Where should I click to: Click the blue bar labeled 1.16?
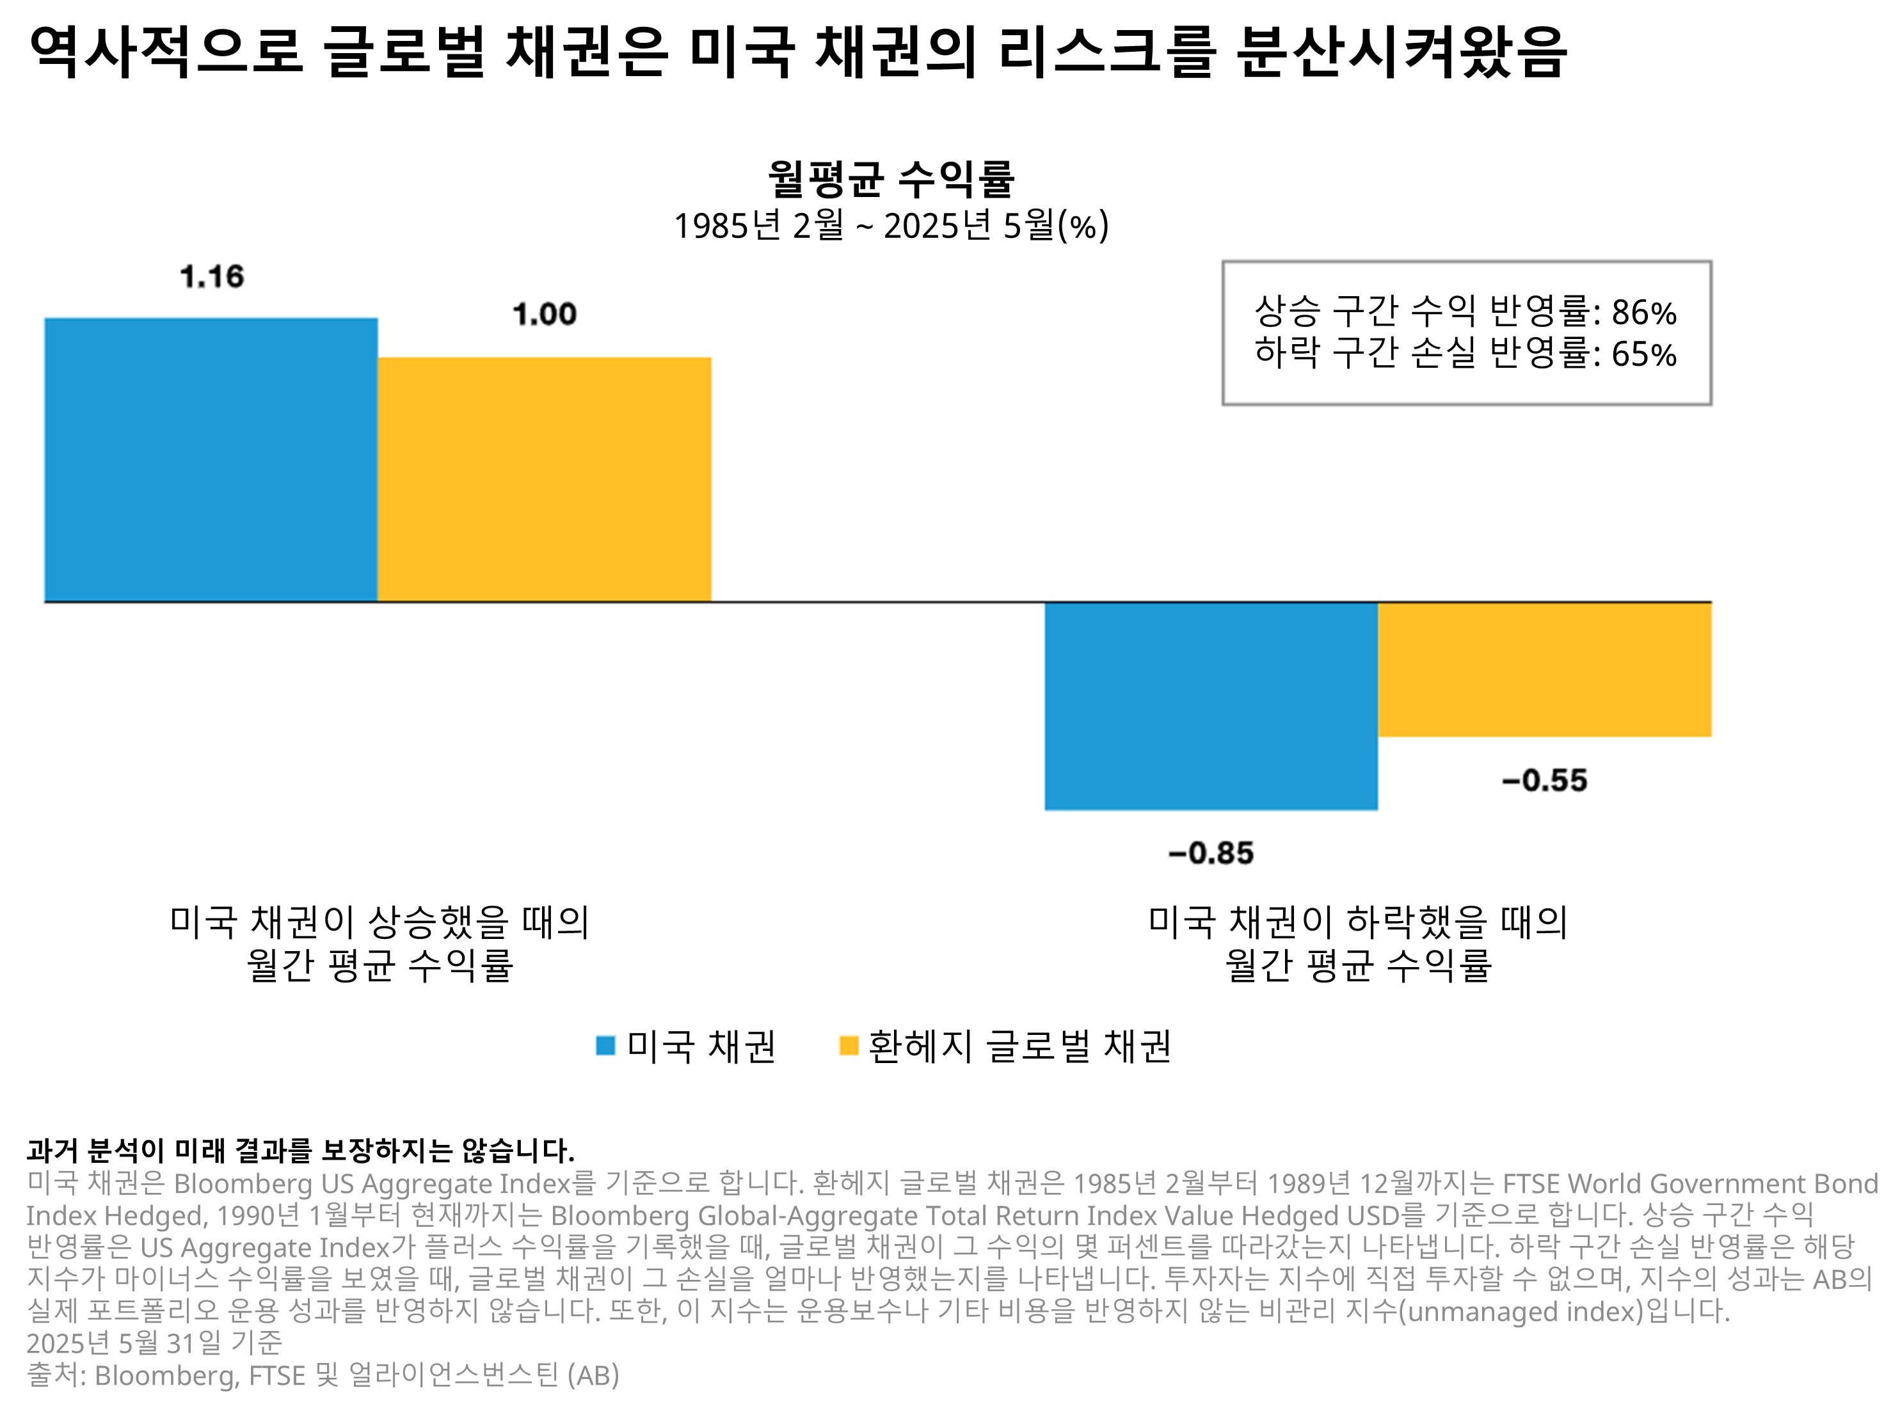click(x=211, y=459)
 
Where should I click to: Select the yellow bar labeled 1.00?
click(x=544, y=479)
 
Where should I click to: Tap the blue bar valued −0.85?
click(x=1211, y=705)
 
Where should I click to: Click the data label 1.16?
click(x=212, y=277)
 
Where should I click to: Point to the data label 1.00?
click(x=544, y=314)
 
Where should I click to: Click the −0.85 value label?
click(x=1211, y=853)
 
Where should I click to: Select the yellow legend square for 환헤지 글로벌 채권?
click(x=849, y=1045)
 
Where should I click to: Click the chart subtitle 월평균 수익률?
click(x=890, y=178)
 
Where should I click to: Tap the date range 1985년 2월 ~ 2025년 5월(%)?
click(x=890, y=226)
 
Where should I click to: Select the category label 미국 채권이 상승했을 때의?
click(x=379, y=922)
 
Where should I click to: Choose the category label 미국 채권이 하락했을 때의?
click(x=1357, y=922)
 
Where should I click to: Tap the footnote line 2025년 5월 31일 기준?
click(x=154, y=1343)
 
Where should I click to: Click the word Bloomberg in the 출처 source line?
click(x=163, y=1375)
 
